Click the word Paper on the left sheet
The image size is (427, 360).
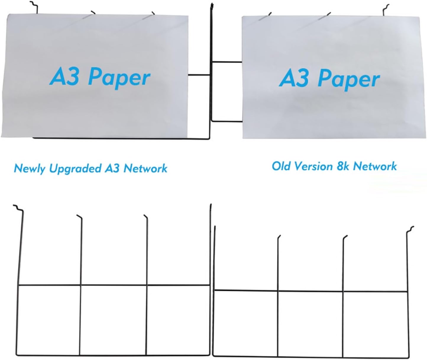[x=119, y=78]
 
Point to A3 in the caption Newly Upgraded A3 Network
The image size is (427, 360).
[x=112, y=168]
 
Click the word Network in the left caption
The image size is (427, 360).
[x=145, y=168]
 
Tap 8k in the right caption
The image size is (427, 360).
[x=343, y=166]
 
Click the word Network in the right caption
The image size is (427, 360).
[x=375, y=166]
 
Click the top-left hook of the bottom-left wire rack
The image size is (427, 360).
[x=18, y=208]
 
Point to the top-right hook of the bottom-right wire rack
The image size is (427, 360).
[x=410, y=229]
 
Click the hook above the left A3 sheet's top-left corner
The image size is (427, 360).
[x=34, y=7]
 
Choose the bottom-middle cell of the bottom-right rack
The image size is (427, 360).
[x=310, y=324]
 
